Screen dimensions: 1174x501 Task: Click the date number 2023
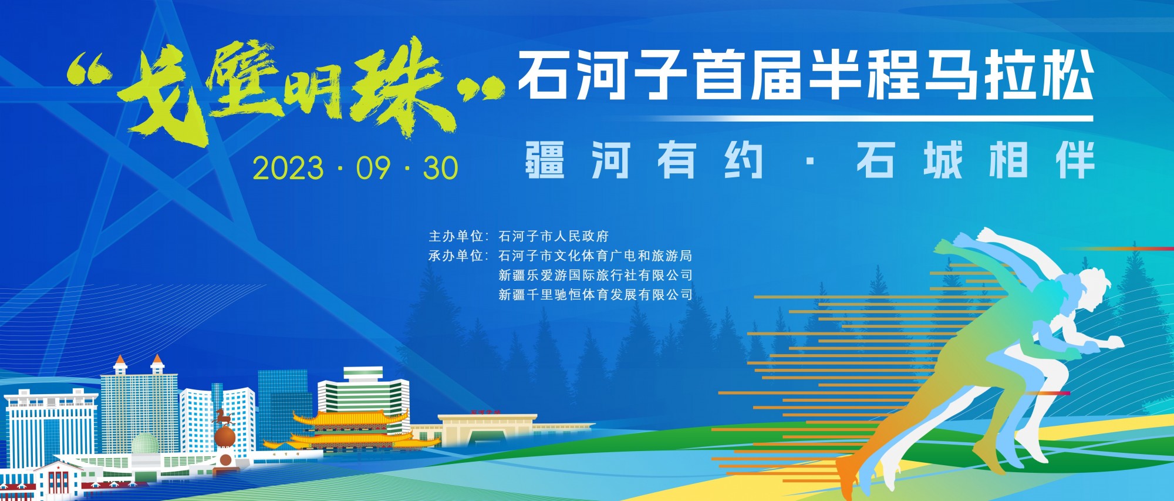(288, 168)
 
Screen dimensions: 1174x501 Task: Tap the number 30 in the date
(440, 168)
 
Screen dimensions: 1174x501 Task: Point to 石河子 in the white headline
(603, 75)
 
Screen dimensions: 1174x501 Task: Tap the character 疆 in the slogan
(545, 159)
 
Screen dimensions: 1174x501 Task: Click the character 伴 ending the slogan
(1075, 159)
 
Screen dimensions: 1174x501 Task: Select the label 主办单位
(456, 236)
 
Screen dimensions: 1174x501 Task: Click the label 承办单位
(456, 255)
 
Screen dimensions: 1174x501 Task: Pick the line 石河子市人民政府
(554, 236)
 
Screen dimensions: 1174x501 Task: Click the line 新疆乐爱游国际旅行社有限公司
(595, 275)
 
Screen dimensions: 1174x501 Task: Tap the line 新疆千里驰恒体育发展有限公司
(595, 294)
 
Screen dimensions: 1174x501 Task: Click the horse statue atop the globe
(223, 418)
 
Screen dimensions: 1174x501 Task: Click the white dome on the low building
(144, 445)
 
